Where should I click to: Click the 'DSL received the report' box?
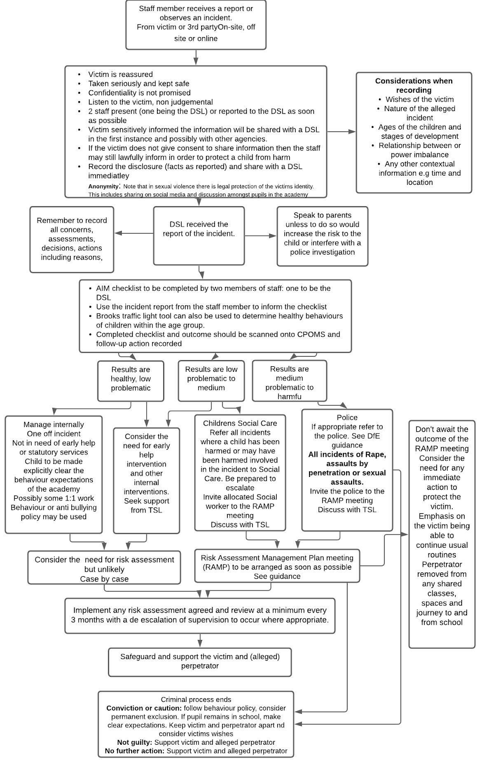pos(199,236)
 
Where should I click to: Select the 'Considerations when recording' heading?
pos(413,85)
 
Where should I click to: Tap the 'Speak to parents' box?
pos(322,236)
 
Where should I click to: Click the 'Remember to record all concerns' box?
pos(72,239)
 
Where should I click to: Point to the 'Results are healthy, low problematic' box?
pos(131,380)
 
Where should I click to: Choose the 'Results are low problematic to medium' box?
pos(211,380)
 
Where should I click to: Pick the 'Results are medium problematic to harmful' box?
pos(290,380)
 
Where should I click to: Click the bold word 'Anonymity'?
pos(103,186)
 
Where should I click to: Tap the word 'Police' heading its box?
pos(347,418)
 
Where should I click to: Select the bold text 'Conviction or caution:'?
pos(144,708)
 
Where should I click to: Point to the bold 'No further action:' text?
pos(135,751)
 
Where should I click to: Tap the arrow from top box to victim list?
pos(196,57)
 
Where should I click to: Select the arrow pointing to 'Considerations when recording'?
pos(341,132)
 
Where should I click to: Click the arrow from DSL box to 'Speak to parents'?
pos(261,236)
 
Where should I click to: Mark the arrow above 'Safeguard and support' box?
pos(200,641)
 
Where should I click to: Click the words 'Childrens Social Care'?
pos(240,423)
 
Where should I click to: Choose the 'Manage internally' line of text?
pos(54,425)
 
